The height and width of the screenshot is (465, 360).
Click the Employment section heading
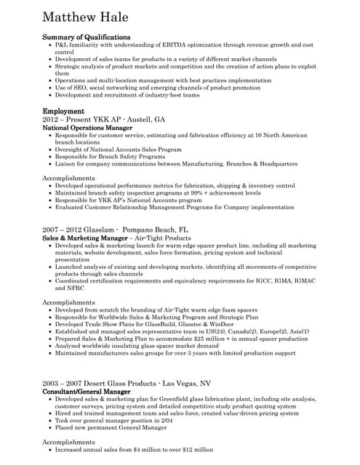(x=63, y=111)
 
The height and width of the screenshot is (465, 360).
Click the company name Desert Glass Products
(x=113, y=383)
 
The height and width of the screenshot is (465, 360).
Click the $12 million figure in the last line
(x=196, y=450)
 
